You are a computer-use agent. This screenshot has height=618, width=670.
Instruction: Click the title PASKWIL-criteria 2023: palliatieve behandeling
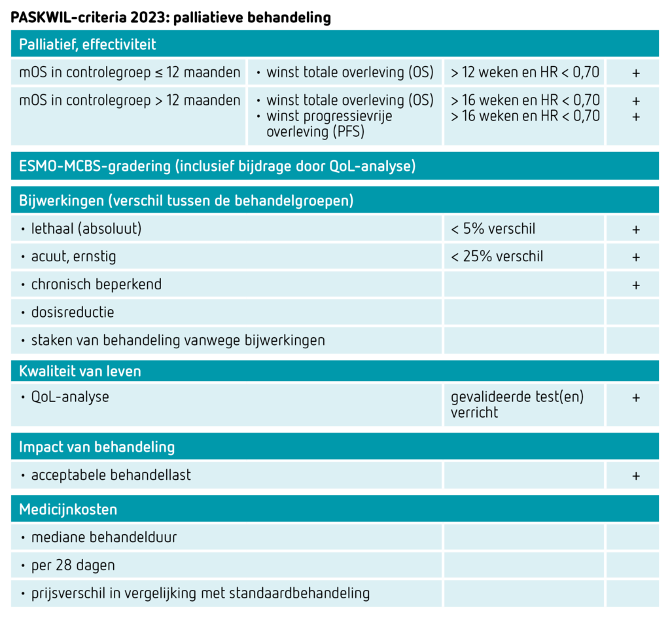[171, 18]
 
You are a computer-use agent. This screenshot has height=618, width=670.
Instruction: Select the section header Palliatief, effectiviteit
[88, 45]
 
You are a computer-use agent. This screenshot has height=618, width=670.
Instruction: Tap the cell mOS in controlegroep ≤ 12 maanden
[130, 72]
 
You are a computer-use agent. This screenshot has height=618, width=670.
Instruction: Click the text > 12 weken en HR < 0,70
[525, 72]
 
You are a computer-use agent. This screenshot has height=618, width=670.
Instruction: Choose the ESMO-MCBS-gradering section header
[217, 166]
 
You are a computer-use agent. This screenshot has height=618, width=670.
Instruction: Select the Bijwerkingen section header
[186, 200]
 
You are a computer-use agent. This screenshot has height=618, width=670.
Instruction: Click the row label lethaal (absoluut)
[86, 228]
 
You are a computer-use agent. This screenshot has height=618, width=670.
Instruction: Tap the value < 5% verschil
[493, 228]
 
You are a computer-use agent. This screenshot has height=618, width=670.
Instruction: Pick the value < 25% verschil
[497, 257]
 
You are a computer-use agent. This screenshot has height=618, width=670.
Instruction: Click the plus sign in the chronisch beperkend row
[636, 285]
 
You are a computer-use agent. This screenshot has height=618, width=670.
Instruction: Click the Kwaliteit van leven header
[80, 371]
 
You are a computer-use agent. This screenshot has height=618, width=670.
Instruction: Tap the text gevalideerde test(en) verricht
[517, 405]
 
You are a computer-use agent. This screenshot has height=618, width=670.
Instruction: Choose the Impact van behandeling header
[97, 446]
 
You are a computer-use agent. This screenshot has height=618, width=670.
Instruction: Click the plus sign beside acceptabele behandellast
[636, 476]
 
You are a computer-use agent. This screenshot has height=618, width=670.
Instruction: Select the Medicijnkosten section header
[68, 509]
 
